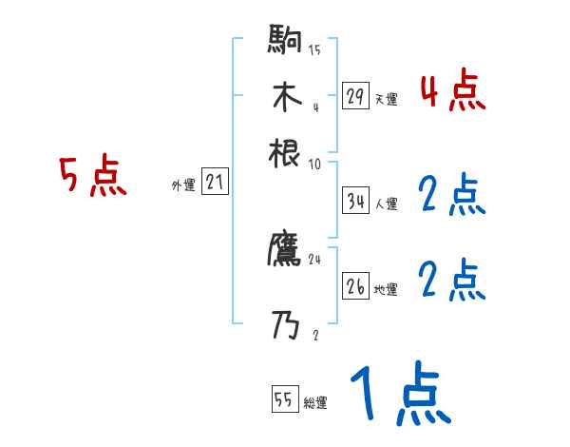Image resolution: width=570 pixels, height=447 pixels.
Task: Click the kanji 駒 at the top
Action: (285, 41)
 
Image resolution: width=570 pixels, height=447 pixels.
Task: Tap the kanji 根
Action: (285, 152)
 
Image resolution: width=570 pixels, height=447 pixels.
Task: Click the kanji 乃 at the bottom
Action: (285, 326)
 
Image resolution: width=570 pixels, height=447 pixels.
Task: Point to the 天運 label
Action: (386, 99)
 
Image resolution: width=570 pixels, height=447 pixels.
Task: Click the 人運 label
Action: (386, 204)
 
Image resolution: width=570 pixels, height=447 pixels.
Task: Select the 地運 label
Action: (386, 289)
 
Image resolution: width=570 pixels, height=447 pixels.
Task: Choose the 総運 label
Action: (314, 403)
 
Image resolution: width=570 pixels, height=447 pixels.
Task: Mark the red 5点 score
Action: (93, 177)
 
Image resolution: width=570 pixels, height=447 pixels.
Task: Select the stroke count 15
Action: (314, 49)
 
